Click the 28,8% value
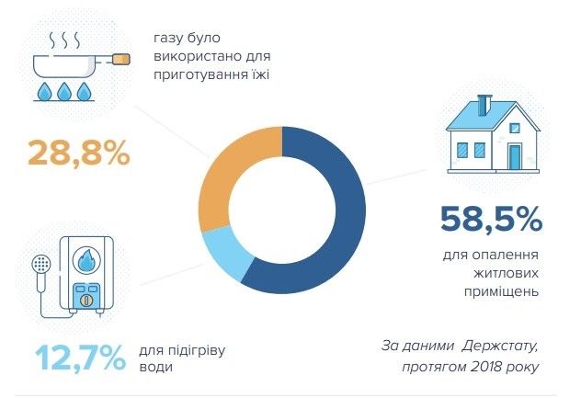coord(79,154)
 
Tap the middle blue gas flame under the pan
coord(64,91)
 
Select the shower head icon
coord(39,264)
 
